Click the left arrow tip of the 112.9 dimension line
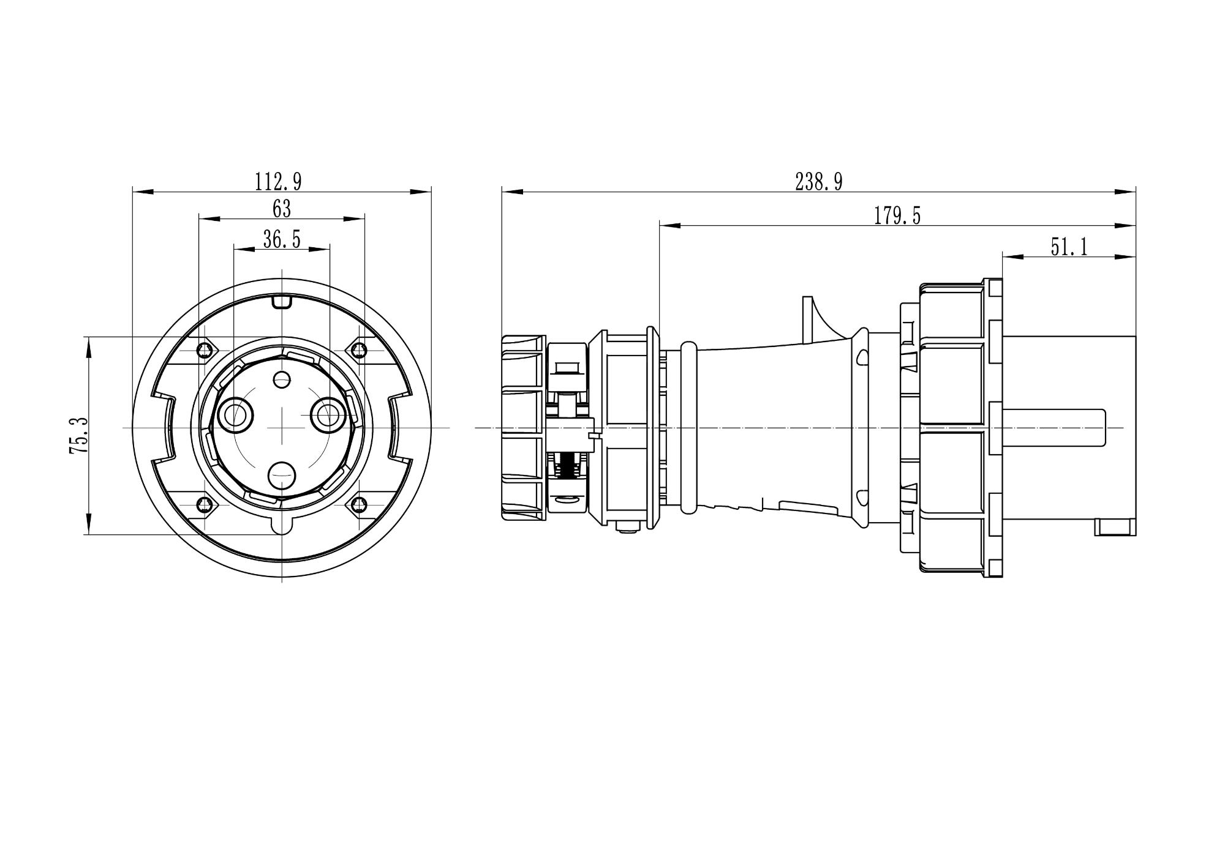[x=133, y=192]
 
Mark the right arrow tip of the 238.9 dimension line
[x=1136, y=192]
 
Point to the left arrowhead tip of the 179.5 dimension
[x=660, y=226]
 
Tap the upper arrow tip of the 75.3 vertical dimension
[x=89, y=337]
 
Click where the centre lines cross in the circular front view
[x=282, y=428]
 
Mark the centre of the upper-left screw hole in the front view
[x=205, y=350]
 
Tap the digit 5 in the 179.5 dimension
[x=915, y=216]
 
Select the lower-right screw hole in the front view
[x=358, y=505]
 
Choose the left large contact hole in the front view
[x=234, y=415]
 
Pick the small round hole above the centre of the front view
[x=282, y=380]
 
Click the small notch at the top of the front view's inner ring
[x=282, y=302]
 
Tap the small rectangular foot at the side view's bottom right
[x=1115, y=527]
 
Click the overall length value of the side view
[x=819, y=182]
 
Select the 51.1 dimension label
[x=1069, y=247]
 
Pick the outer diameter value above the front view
[x=279, y=182]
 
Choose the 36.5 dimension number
[x=282, y=239]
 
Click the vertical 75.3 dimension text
[x=79, y=435]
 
